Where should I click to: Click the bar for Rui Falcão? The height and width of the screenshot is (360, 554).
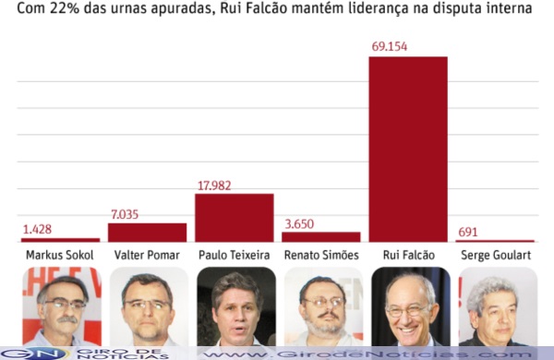click(408, 150)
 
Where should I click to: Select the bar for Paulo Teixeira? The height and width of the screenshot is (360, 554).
click(235, 218)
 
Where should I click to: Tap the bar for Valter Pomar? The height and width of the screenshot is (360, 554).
click(148, 233)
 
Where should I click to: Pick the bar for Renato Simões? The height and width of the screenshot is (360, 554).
click(321, 237)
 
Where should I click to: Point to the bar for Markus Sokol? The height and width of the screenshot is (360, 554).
click(60, 240)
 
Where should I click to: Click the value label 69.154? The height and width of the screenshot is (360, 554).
click(390, 47)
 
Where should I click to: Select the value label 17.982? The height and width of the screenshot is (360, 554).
click(214, 186)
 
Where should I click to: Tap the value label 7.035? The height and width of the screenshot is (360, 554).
click(125, 214)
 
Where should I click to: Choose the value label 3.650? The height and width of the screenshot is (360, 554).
click(299, 224)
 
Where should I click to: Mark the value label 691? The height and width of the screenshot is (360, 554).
click(468, 232)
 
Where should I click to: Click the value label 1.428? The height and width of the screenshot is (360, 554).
click(37, 230)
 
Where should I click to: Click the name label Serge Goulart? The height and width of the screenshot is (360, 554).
click(496, 255)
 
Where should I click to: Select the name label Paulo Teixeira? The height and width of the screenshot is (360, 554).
click(235, 255)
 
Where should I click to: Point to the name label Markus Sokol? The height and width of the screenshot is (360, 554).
click(60, 255)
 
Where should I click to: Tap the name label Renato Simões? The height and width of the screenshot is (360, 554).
click(321, 255)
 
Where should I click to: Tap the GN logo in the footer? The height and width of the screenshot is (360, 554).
click(35, 354)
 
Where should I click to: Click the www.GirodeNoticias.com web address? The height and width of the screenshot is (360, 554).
click(367, 354)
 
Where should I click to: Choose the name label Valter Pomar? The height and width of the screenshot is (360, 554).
click(147, 255)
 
